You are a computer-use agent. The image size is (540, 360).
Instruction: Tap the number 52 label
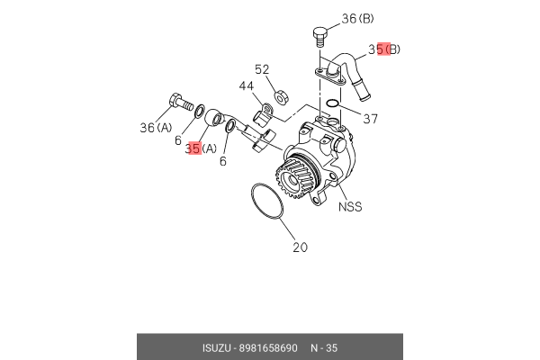click(262, 69)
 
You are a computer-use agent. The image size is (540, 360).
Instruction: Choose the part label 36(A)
click(156, 128)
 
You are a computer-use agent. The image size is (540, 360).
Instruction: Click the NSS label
click(351, 208)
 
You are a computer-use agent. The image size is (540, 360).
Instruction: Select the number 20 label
click(299, 247)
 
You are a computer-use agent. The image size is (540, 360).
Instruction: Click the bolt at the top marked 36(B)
click(318, 39)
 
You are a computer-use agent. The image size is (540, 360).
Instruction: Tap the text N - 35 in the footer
click(324, 347)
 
